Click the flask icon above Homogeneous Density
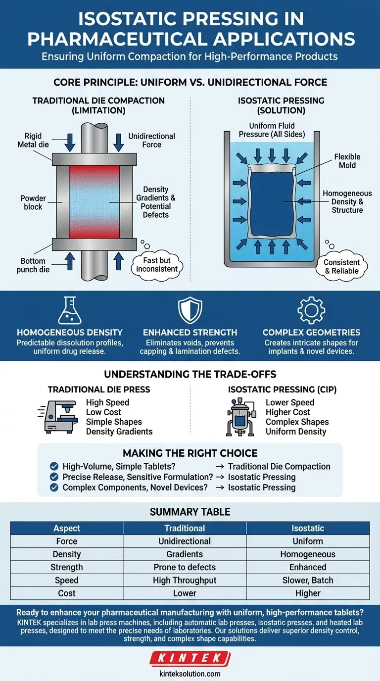point(69,310)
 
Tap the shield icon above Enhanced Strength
point(190,310)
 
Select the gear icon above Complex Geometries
point(311,310)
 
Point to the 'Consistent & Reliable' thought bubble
point(341,266)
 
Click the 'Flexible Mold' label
point(347,161)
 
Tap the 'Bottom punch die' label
point(33,265)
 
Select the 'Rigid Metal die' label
point(33,140)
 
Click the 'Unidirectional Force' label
point(151,140)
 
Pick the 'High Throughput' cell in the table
point(185,580)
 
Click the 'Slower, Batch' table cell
point(308,580)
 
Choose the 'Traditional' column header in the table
point(185,529)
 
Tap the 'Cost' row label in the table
point(67,593)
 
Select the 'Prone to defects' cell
point(185,567)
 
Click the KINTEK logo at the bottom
point(190,659)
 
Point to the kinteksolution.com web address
point(190,674)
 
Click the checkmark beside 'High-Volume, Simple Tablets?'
point(55,466)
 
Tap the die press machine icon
point(58,417)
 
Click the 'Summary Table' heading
point(190,512)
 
